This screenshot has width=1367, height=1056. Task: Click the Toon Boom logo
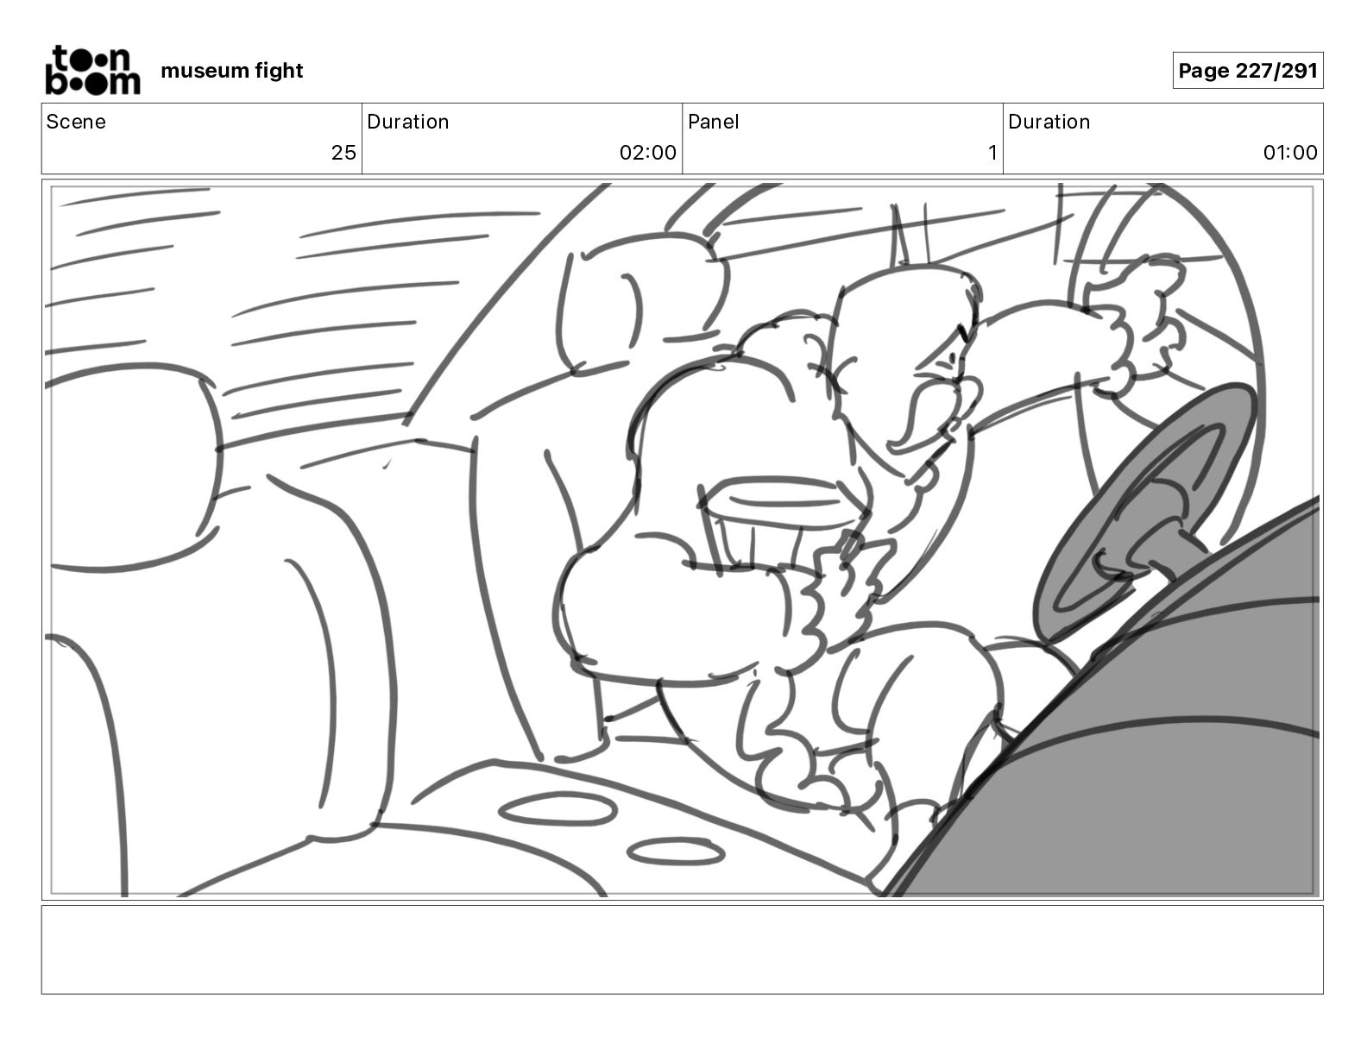click(93, 70)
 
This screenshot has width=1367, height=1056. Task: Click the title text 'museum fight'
click(231, 71)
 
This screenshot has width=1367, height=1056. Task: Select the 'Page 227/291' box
click(1248, 71)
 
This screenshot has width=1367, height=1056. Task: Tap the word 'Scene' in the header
click(75, 122)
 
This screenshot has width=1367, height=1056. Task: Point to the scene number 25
click(343, 152)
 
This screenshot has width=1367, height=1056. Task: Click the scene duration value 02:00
click(647, 152)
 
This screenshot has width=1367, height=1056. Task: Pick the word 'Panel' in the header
click(713, 122)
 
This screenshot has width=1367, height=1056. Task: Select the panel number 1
click(992, 152)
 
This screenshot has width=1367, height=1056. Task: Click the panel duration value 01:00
click(1289, 152)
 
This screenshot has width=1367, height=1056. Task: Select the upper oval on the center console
click(557, 809)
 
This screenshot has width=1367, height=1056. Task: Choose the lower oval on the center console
click(676, 852)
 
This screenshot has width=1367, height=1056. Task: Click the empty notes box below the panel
click(683, 950)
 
